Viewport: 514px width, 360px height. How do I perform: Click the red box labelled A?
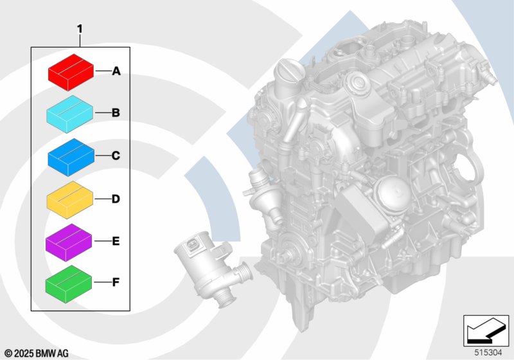(x=71, y=73)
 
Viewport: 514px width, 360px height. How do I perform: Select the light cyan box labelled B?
(x=69, y=114)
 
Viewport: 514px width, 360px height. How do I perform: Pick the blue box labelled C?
(x=71, y=157)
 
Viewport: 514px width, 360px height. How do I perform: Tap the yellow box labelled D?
(x=70, y=200)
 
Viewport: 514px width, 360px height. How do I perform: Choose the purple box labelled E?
(x=69, y=242)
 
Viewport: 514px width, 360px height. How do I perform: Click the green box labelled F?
(x=69, y=284)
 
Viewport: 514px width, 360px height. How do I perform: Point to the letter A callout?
(x=116, y=71)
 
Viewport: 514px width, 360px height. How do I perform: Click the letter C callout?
(x=116, y=156)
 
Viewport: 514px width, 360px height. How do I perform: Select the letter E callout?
(x=116, y=241)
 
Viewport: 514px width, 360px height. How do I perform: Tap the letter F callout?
(x=116, y=282)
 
